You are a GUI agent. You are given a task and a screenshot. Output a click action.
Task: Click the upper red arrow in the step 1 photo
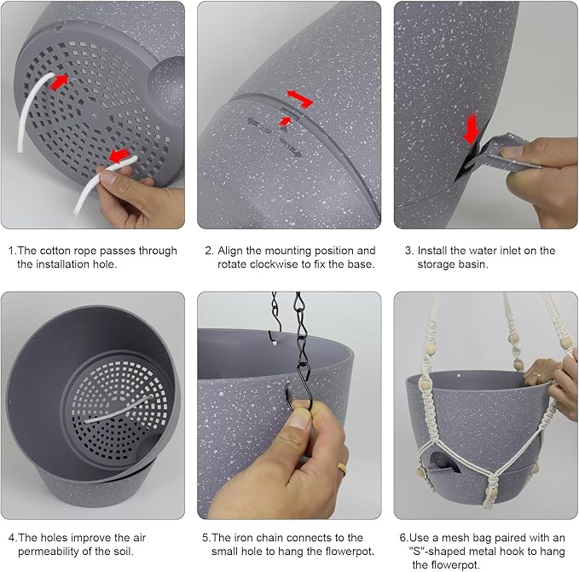[59, 83]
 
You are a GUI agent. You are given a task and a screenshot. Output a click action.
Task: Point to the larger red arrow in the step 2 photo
[298, 96]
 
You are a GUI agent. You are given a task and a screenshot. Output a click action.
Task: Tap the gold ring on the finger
[341, 468]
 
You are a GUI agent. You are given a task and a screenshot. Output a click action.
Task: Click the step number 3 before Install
[408, 251]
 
